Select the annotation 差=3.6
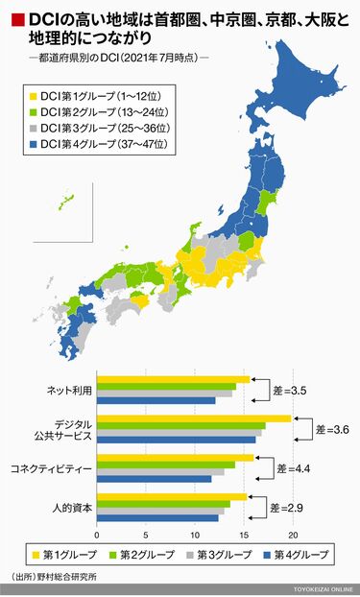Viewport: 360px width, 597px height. click(x=334, y=429)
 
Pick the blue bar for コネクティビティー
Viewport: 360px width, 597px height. click(x=154, y=478)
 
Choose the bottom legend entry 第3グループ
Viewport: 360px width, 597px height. click(x=227, y=555)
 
